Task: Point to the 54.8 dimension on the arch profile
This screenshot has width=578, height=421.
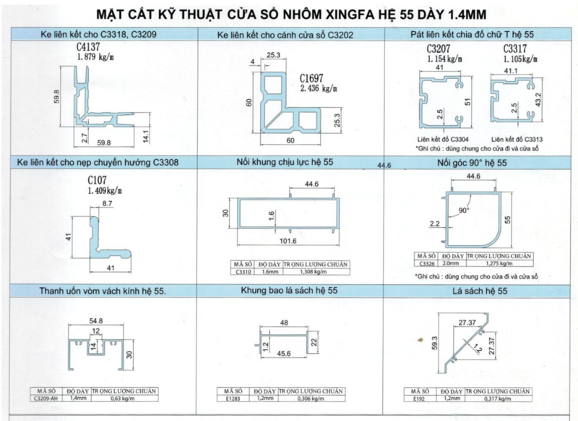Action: [x=95, y=319]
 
